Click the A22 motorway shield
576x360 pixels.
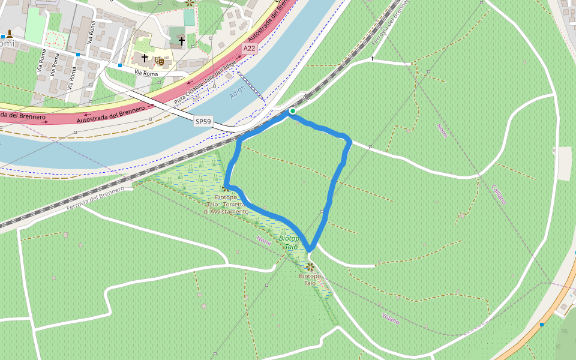click(x=250, y=47)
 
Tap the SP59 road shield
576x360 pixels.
click(x=203, y=121)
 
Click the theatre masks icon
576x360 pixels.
click(x=160, y=61)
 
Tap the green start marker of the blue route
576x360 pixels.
click(x=292, y=111)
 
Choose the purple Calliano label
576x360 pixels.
click(x=499, y=194)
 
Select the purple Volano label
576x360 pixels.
click(x=390, y=318)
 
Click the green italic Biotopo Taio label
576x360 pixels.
click(x=290, y=242)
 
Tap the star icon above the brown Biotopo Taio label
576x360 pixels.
click(x=310, y=266)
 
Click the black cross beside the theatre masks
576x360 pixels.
click(x=145, y=58)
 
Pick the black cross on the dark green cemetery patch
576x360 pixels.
click(x=181, y=41)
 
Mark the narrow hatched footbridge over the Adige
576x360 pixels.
click(x=251, y=86)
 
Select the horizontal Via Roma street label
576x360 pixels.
click(x=146, y=73)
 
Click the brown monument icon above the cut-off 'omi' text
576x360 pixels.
click(x=10, y=34)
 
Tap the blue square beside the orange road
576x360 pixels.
click(x=542, y=325)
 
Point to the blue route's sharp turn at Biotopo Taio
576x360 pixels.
click(x=310, y=250)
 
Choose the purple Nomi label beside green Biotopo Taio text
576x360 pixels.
click(x=264, y=240)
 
